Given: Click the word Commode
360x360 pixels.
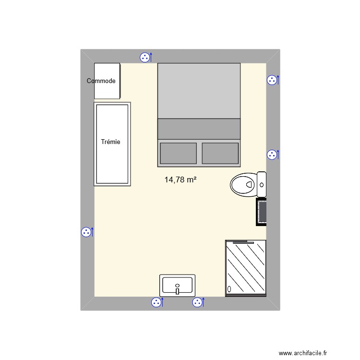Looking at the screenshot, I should pyautogui.click(x=101, y=81).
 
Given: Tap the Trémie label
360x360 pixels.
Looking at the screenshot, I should pyautogui.click(x=110, y=142).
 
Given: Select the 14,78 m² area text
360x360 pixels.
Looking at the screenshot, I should pyautogui.click(x=180, y=180).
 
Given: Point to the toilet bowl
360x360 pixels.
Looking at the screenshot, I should pyautogui.click(x=243, y=184).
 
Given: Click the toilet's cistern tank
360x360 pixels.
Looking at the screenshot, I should pyautogui.click(x=262, y=184).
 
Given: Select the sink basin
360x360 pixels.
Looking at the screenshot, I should pyautogui.click(x=177, y=284).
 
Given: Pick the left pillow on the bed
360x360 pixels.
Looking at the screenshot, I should pyautogui.click(x=178, y=153).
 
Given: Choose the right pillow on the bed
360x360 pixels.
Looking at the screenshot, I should pyautogui.click(x=220, y=153).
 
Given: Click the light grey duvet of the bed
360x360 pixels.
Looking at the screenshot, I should pyautogui.click(x=199, y=91).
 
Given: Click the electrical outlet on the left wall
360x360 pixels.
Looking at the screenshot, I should pyautogui.click(x=86, y=232).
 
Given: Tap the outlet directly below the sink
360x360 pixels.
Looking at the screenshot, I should pyautogui.click(x=156, y=302).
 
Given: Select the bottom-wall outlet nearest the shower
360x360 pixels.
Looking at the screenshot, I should pyautogui.click(x=197, y=302).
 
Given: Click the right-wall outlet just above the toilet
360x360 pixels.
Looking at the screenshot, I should pyautogui.click(x=272, y=155).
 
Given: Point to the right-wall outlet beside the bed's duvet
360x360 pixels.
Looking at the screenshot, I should pyautogui.click(x=272, y=80).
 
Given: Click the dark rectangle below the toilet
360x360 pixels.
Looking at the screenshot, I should pyautogui.click(x=262, y=212).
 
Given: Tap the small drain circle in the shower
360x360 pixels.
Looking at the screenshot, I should pyautogui.click(x=229, y=289).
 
